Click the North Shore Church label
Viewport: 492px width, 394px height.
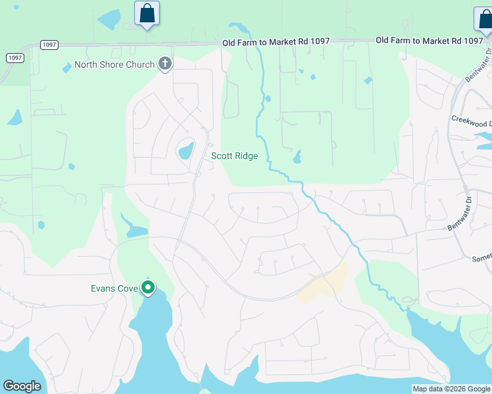(114, 64)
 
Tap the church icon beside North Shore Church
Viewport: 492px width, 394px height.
(164, 64)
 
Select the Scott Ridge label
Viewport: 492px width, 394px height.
(234, 156)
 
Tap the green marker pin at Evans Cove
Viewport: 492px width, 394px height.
(149, 288)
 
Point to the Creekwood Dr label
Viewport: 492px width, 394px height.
(472, 123)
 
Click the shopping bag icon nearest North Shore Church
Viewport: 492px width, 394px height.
(147, 13)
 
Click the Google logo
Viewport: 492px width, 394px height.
(22, 386)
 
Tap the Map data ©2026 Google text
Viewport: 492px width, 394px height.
(451, 389)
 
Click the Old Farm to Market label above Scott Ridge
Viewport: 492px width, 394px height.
(276, 41)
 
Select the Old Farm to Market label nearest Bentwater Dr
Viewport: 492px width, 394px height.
(429, 41)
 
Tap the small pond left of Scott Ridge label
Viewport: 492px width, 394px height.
(186, 150)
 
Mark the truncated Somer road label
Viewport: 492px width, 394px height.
(481, 258)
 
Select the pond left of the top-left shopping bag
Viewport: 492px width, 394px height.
(109, 18)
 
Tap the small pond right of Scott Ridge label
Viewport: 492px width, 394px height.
(298, 158)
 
